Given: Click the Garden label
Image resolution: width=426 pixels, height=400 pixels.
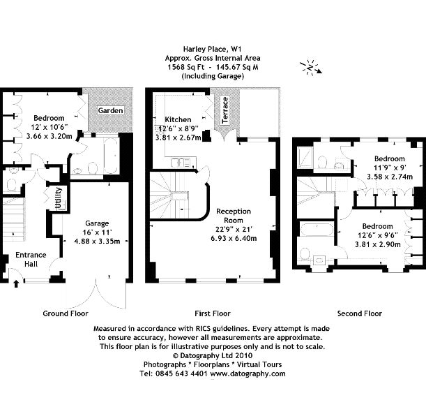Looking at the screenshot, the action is [x=110, y=110].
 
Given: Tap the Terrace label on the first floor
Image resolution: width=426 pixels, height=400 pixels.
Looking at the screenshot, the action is [x=225, y=110].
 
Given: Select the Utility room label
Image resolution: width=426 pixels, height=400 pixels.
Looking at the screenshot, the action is [x=59, y=198].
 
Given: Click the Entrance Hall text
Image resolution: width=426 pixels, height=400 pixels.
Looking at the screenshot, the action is [x=31, y=259].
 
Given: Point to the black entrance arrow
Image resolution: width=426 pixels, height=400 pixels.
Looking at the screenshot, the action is [x=16, y=284].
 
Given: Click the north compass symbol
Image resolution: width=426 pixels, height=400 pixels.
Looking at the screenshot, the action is [x=311, y=67].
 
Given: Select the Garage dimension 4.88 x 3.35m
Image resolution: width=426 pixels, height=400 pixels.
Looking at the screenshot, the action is [x=97, y=241].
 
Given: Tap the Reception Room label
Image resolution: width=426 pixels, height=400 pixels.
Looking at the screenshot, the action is [x=234, y=216].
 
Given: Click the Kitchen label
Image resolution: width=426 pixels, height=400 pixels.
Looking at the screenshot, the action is [x=178, y=119].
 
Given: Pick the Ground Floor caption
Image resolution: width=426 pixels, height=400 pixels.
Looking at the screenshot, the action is [x=66, y=313].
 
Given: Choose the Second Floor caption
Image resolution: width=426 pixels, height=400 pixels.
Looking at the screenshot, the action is [x=360, y=313].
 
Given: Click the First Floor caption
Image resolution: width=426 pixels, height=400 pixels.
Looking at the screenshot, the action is [x=213, y=313].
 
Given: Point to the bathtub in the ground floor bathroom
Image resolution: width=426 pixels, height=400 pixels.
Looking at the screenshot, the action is [x=111, y=156].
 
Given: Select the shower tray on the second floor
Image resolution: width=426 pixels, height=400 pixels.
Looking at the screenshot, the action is [x=305, y=158].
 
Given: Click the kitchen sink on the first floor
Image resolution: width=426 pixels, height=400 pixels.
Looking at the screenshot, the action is [x=181, y=163].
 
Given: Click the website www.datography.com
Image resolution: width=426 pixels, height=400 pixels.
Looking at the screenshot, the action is [x=248, y=373].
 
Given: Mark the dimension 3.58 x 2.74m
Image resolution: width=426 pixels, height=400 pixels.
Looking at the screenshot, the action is [x=390, y=177].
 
